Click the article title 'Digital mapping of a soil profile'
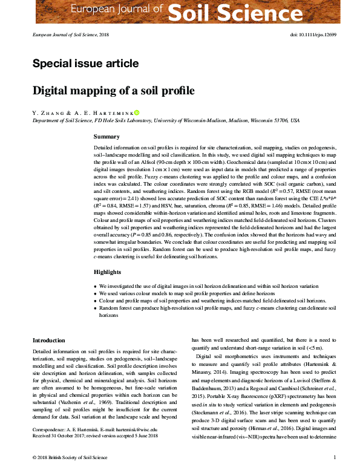point(113,91)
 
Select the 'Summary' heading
point(106,137)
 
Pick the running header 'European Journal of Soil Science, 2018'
point(71,35)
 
